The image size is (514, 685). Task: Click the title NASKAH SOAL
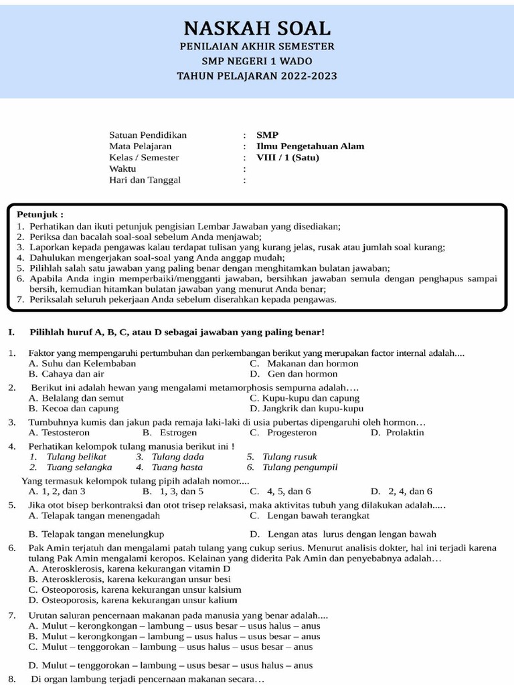click(257, 28)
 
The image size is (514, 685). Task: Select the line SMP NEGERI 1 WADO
click(257, 61)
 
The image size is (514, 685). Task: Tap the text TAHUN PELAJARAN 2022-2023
click(257, 76)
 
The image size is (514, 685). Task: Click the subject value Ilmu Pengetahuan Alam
click(311, 146)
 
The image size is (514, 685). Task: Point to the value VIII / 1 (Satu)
click(288, 157)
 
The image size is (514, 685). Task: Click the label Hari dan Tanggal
click(145, 180)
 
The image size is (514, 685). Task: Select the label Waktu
click(122, 169)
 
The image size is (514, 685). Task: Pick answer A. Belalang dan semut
click(76, 397)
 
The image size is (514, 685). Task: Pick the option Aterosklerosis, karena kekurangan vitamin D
click(130, 568)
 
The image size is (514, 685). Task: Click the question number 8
click(11, 679)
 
